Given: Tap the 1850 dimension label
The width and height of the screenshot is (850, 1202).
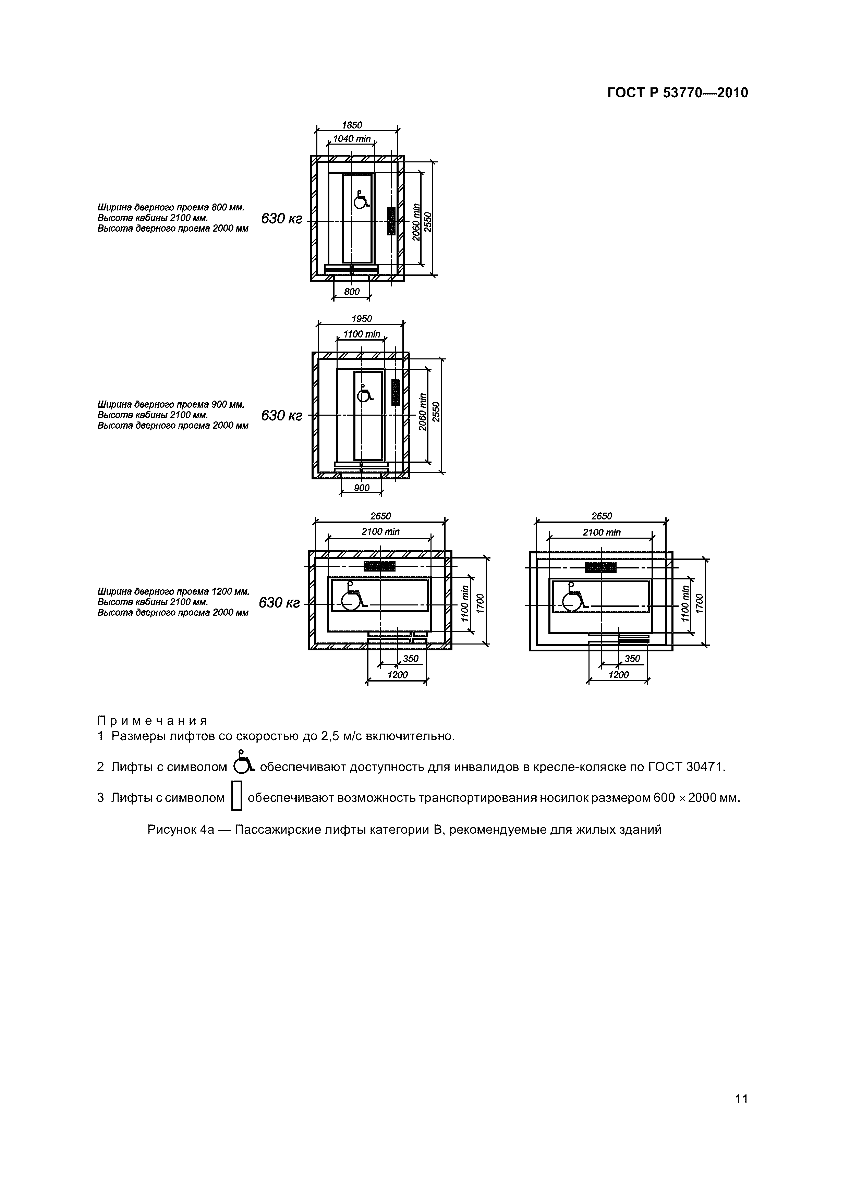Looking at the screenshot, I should [352, 125].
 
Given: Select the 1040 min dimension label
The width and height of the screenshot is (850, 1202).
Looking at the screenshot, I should [352, 139].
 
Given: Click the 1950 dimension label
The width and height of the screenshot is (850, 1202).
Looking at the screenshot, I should [361, 319].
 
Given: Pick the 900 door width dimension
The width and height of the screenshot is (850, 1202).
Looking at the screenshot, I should [361, 488].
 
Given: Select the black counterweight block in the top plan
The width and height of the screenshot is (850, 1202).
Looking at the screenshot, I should [391, 221].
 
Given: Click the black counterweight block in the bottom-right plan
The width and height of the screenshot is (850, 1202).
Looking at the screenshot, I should [601, 567].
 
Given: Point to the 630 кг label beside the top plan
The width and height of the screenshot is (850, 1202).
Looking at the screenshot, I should [282, 219].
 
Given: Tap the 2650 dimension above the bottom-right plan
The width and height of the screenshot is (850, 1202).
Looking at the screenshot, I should [601, 516].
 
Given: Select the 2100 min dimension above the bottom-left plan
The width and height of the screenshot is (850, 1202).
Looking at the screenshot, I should [380, 532].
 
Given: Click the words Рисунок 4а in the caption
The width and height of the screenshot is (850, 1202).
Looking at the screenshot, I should [181, 830].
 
